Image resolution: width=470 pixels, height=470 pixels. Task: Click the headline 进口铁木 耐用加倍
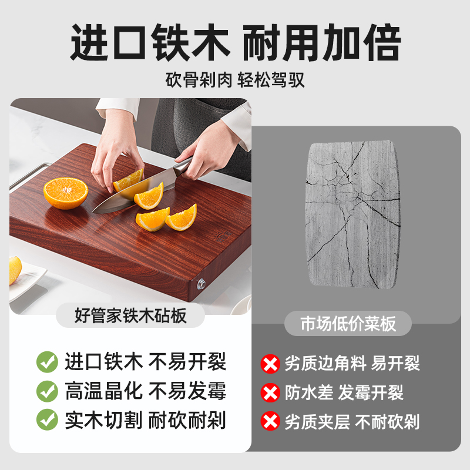point(235,43)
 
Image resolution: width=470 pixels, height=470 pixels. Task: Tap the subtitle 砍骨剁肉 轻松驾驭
point(235,80)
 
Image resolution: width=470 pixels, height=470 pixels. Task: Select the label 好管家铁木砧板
point(130,316)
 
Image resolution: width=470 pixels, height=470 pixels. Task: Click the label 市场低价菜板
point(348,324)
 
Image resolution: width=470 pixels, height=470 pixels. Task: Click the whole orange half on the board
point(66,193)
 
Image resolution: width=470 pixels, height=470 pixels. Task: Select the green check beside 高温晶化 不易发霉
point(47,391)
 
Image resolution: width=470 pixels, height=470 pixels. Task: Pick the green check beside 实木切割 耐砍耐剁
point(47,420)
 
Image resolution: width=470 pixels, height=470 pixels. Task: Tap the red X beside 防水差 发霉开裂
point(270,392)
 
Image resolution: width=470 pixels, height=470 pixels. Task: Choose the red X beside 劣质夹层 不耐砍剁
point(270,421)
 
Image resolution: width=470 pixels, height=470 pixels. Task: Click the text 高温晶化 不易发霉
point(145,391)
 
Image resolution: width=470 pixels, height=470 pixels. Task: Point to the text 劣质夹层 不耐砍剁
point(352,421)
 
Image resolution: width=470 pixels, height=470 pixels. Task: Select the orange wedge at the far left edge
point(15,271)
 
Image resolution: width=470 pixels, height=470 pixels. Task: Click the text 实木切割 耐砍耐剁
point(145,420)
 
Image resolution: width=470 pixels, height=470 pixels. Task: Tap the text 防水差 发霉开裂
point(344,392)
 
